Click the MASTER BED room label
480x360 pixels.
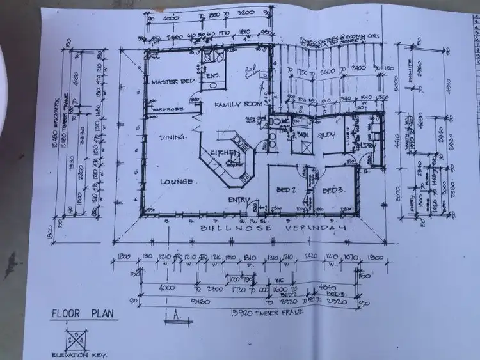172,82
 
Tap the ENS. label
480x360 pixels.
212,75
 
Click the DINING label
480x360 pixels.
173,137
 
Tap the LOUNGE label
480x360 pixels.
177,182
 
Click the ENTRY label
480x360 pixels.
239,200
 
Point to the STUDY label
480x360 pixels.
326,135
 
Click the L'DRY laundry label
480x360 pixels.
366,146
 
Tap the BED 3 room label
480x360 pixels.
333,191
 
